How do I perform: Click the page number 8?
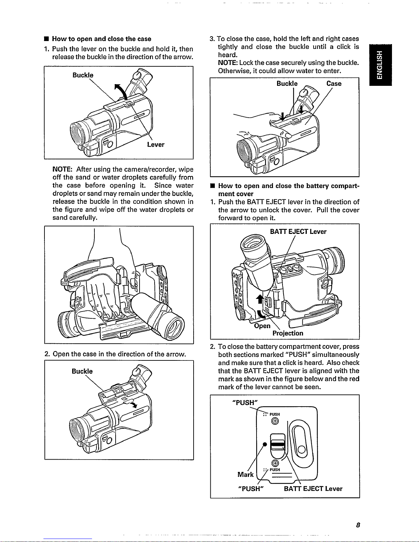point(357,525)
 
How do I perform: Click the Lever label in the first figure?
point(156,145)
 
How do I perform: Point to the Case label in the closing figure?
point(334,84)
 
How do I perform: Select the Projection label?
point(288,333)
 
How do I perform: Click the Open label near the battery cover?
point(262,326)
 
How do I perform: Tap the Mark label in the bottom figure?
point(246,474)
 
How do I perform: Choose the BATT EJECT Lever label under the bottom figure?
point(313,489)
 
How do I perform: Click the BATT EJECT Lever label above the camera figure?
point(298,232)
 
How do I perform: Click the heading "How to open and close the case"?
point(102,39)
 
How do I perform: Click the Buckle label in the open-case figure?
point(82,371)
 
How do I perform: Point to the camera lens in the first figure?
point(77,131)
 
